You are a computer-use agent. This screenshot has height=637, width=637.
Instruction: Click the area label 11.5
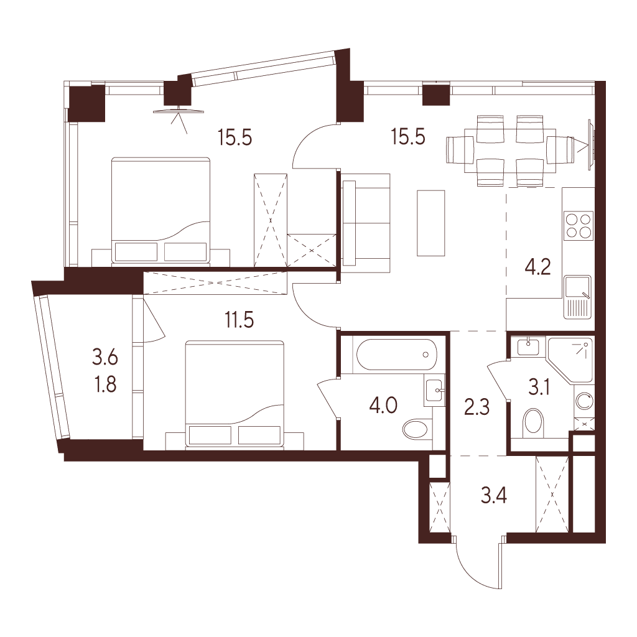[239, 320]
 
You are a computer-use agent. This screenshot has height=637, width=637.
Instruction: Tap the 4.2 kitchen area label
[537, 267]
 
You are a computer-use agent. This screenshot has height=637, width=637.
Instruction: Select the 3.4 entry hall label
[493, 496]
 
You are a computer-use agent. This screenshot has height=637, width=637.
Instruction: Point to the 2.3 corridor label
[477, 407]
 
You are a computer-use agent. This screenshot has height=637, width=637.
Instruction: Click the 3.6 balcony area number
[105, 358]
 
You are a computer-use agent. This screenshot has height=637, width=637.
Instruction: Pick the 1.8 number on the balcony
[105, 384]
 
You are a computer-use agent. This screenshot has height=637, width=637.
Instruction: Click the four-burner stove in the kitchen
[579, 226]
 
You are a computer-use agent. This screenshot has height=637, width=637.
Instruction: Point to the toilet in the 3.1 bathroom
[534, 422]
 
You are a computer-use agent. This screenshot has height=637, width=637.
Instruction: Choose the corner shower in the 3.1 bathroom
[570, 360]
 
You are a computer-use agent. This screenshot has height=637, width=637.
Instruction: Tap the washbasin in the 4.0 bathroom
[435, 390]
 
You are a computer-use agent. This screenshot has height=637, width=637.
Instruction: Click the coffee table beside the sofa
[431, 223]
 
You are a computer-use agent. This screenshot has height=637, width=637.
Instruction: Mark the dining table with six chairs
[510, 151]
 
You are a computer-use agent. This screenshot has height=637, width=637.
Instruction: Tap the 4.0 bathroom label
[383, 405]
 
